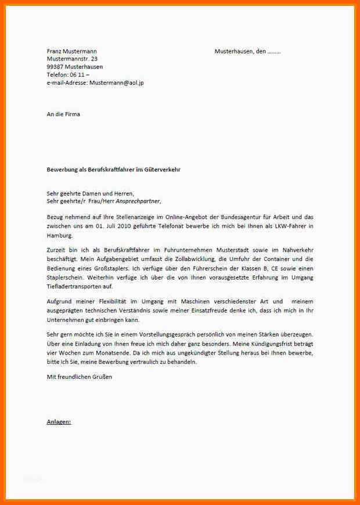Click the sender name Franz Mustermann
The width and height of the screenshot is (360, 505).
click(x=72, y=51)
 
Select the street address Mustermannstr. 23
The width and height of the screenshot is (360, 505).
click(x=72, y=59)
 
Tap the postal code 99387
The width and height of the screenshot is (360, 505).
click(x=55, y=67)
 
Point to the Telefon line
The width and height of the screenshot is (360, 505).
click(x=68, y=75)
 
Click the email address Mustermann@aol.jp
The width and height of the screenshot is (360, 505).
click(x=116, y=83)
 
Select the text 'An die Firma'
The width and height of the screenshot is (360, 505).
click(x=63, y=114)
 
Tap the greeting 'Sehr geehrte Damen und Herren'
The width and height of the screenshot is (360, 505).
click(x=90, y=193)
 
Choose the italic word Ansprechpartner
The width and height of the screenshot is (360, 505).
click(x=138, y=201)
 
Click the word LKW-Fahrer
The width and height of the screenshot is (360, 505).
click(x=289, y=225)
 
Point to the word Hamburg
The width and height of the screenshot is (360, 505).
click(x=59, y=235)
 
